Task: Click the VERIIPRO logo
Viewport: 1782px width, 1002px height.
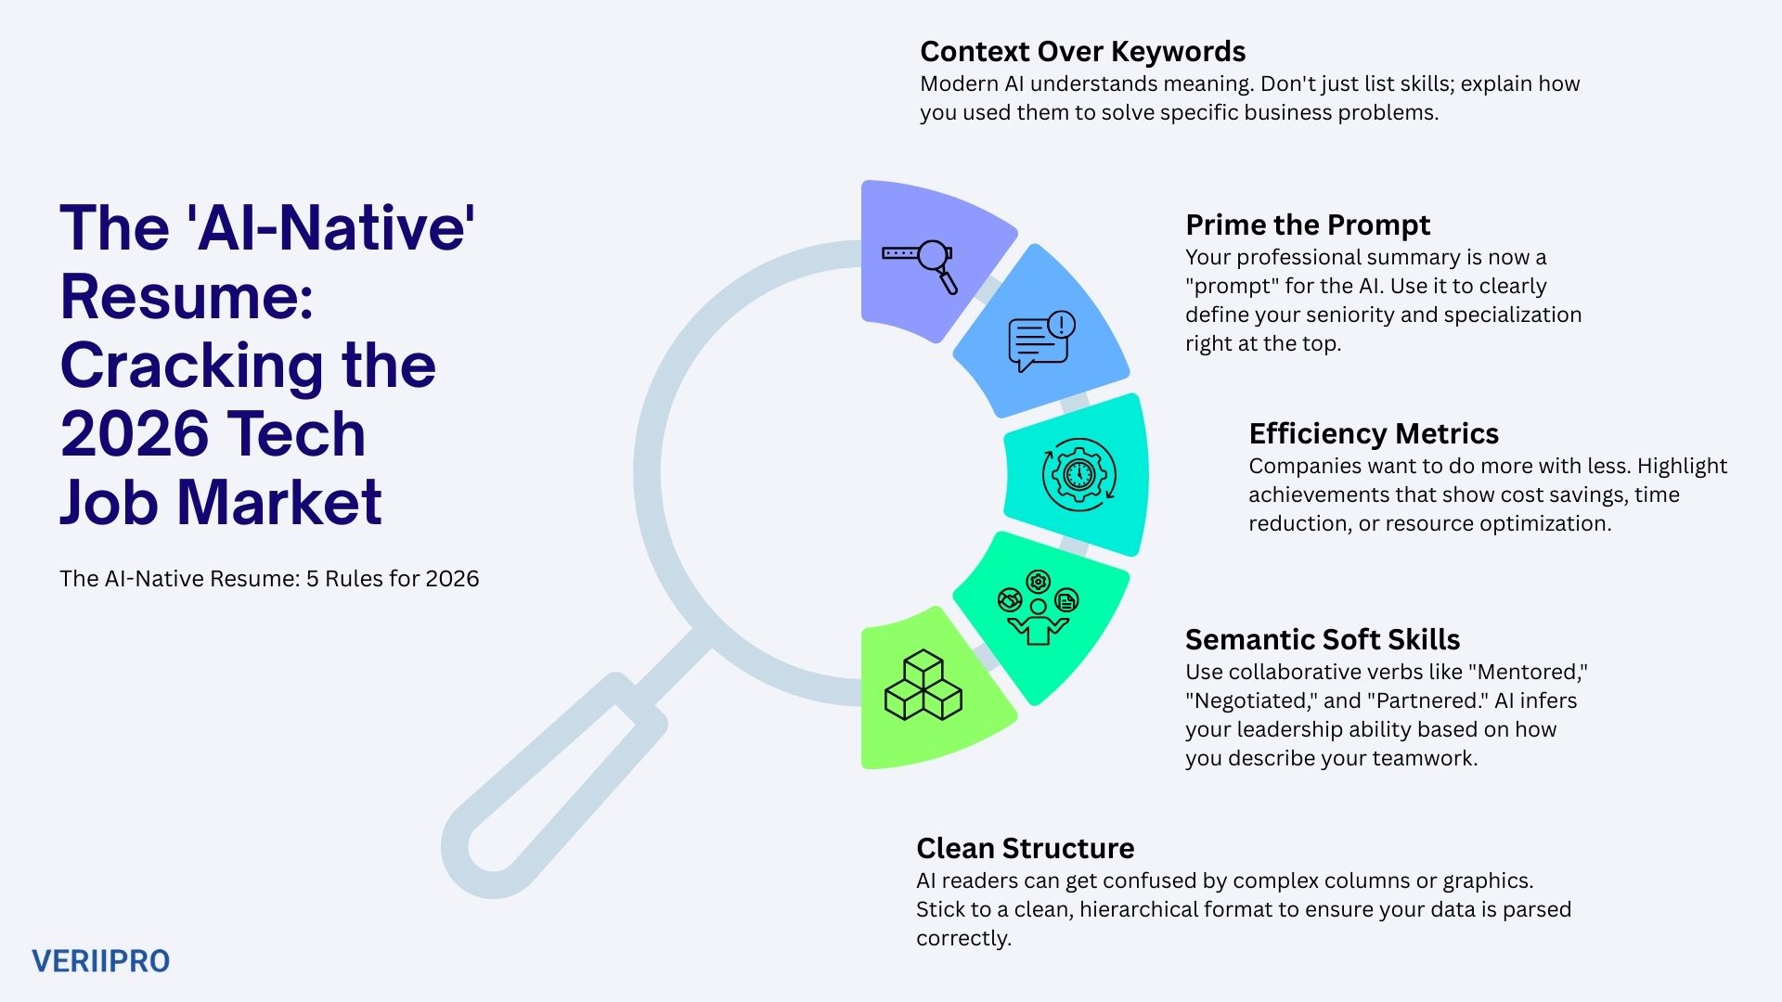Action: click(x=100, y=961)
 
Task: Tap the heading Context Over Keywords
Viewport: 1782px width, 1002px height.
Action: click(x=1082, y=51)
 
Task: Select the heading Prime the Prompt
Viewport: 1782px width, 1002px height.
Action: click(x=1307, y=225)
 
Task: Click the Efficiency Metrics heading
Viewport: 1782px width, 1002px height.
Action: click(x=1373, y=433)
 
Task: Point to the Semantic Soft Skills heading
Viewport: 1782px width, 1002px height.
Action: click(x=1322, y=639)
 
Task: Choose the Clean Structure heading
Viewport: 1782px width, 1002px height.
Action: click(x=1025, y=848)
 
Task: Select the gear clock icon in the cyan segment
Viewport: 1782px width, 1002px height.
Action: click(x=1078, y=475)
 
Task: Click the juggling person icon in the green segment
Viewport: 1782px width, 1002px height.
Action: click(x=1038, y=609)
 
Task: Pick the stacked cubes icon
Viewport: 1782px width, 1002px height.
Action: click(x=923, y=687)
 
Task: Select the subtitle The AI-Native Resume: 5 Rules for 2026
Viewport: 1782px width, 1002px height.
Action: click(x=269, y=579)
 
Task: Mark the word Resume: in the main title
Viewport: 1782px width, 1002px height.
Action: click(x=186, y=296)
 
